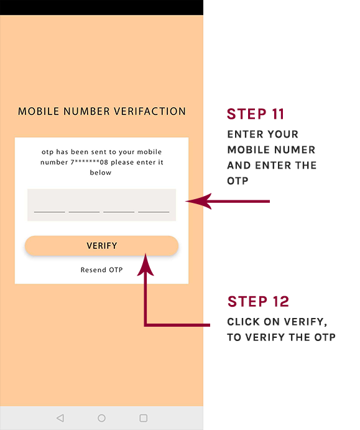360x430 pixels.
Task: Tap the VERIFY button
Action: pyautogui.click(x=101, y=246)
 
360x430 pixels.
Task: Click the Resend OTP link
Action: pyautogui.click(x=101, y=270)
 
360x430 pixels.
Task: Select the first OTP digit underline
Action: pyautogui.click(x=50, y=212)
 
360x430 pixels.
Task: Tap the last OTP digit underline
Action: pyautogui.click(x=154, y=212)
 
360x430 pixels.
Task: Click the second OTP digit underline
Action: pyautogui.click(x=84, y=212)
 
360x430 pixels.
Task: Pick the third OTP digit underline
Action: pyautogui.click(x=119, y=212)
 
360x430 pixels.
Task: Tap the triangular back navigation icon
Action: pyautogui.click(x=60, y=418)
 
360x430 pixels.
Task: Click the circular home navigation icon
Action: pyautogui.click(x=101, y=418)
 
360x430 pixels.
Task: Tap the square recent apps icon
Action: pyautogui.click(x=143, y=418)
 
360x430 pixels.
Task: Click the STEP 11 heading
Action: pyautogui.click(x=256, y=114)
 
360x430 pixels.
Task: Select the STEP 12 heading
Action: pyautogui.click(x=258, y=302)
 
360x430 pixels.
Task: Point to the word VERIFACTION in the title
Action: pyautogui.click(x=150, y=111)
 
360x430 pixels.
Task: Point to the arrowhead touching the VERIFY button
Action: pyautogui.click(x=145, y=264)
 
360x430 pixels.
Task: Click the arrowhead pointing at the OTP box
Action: pyautogui.click(x=198, y=201)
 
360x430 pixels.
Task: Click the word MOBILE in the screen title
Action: pyautogui.click(x=39, y=111)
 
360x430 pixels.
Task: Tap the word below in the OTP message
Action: pyautogui.click(x=101, y=173)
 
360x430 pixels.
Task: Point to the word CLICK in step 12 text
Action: pyautogui.click(x=243, y=322)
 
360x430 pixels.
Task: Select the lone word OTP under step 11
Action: pyautogui.click(x=238, y=181)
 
